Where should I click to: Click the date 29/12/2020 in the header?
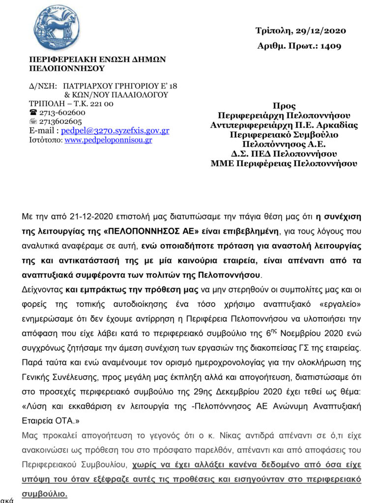point(321,31)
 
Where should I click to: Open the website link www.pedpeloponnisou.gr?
point(108,140)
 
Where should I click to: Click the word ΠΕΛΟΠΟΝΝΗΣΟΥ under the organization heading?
point(67,68)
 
